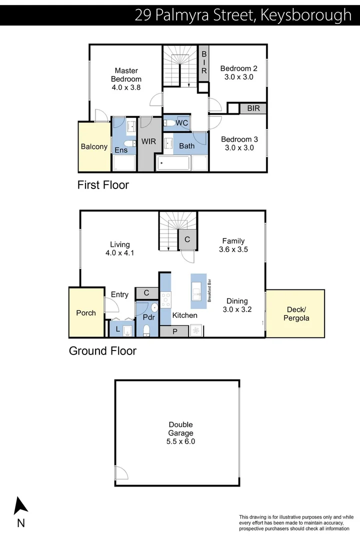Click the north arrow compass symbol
coord(20,506)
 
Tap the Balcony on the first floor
coord(94,146)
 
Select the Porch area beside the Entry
coord(85,312)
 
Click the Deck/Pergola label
coord(295,313)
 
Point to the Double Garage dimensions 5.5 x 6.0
coord(180,441)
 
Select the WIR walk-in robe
coord(148,142)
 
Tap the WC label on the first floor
coord(182,123)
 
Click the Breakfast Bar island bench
coord(198,291)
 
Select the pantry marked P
coord(174,331)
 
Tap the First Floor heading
coord(103,185)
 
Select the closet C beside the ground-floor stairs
coord(187,239)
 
